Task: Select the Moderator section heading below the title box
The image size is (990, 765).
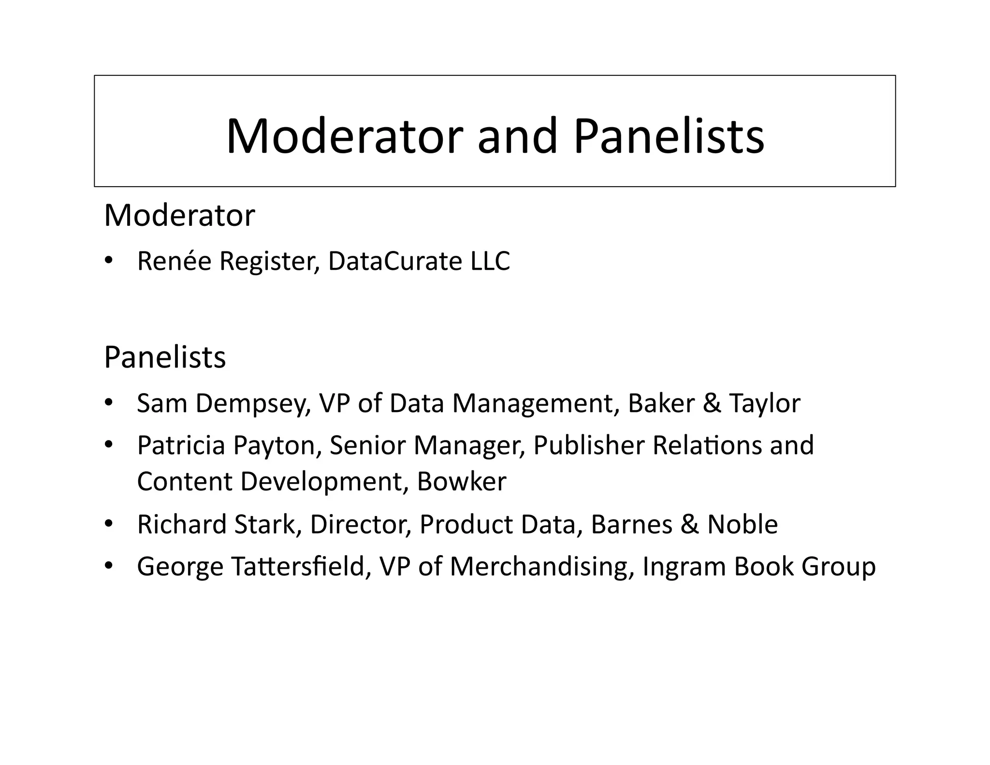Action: tap(179, 216)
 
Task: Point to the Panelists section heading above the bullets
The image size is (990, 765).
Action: tap(165, 358)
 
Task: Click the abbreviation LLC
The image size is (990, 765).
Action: tap(490, 261)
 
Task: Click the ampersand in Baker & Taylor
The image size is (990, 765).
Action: tap(712, 403)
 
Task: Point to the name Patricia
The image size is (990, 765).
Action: tap(181, 445)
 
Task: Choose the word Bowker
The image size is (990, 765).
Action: tap(462, 482)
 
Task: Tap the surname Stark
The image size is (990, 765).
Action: tap(264, 525)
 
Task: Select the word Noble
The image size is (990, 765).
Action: tap(742, 525)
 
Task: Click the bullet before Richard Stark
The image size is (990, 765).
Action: tap(108, 524)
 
